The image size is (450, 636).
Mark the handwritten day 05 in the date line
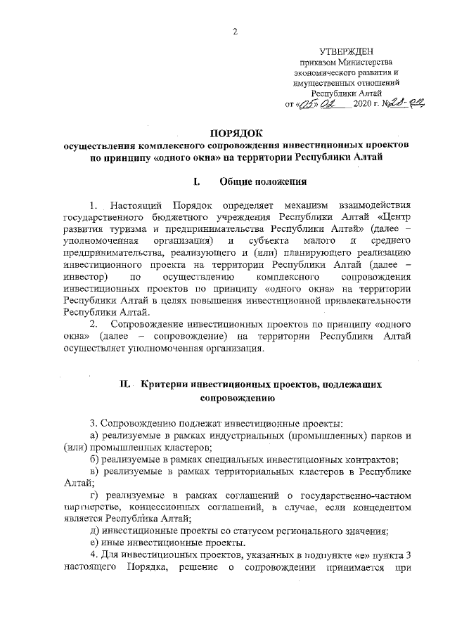(307, 104)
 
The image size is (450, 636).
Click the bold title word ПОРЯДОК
(235, 133)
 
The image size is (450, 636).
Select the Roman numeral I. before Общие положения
(197, 182)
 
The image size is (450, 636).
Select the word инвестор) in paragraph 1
(84, 280)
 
